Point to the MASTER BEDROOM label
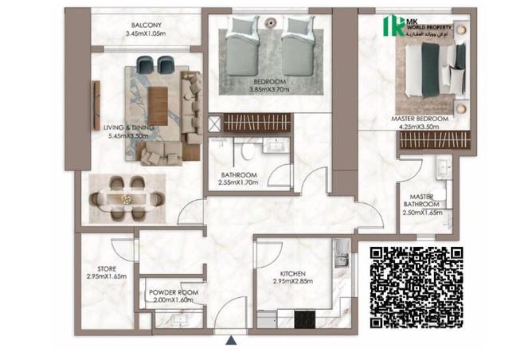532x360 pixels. coord(420,118)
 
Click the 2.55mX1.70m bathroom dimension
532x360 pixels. coord(239,182)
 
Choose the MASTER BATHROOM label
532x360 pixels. coord(421,202)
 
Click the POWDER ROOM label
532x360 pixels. coord(173,292)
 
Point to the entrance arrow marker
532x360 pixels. coord(231,341)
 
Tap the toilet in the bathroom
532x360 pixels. coord(248,149)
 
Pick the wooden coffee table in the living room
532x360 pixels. coord(158,107)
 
